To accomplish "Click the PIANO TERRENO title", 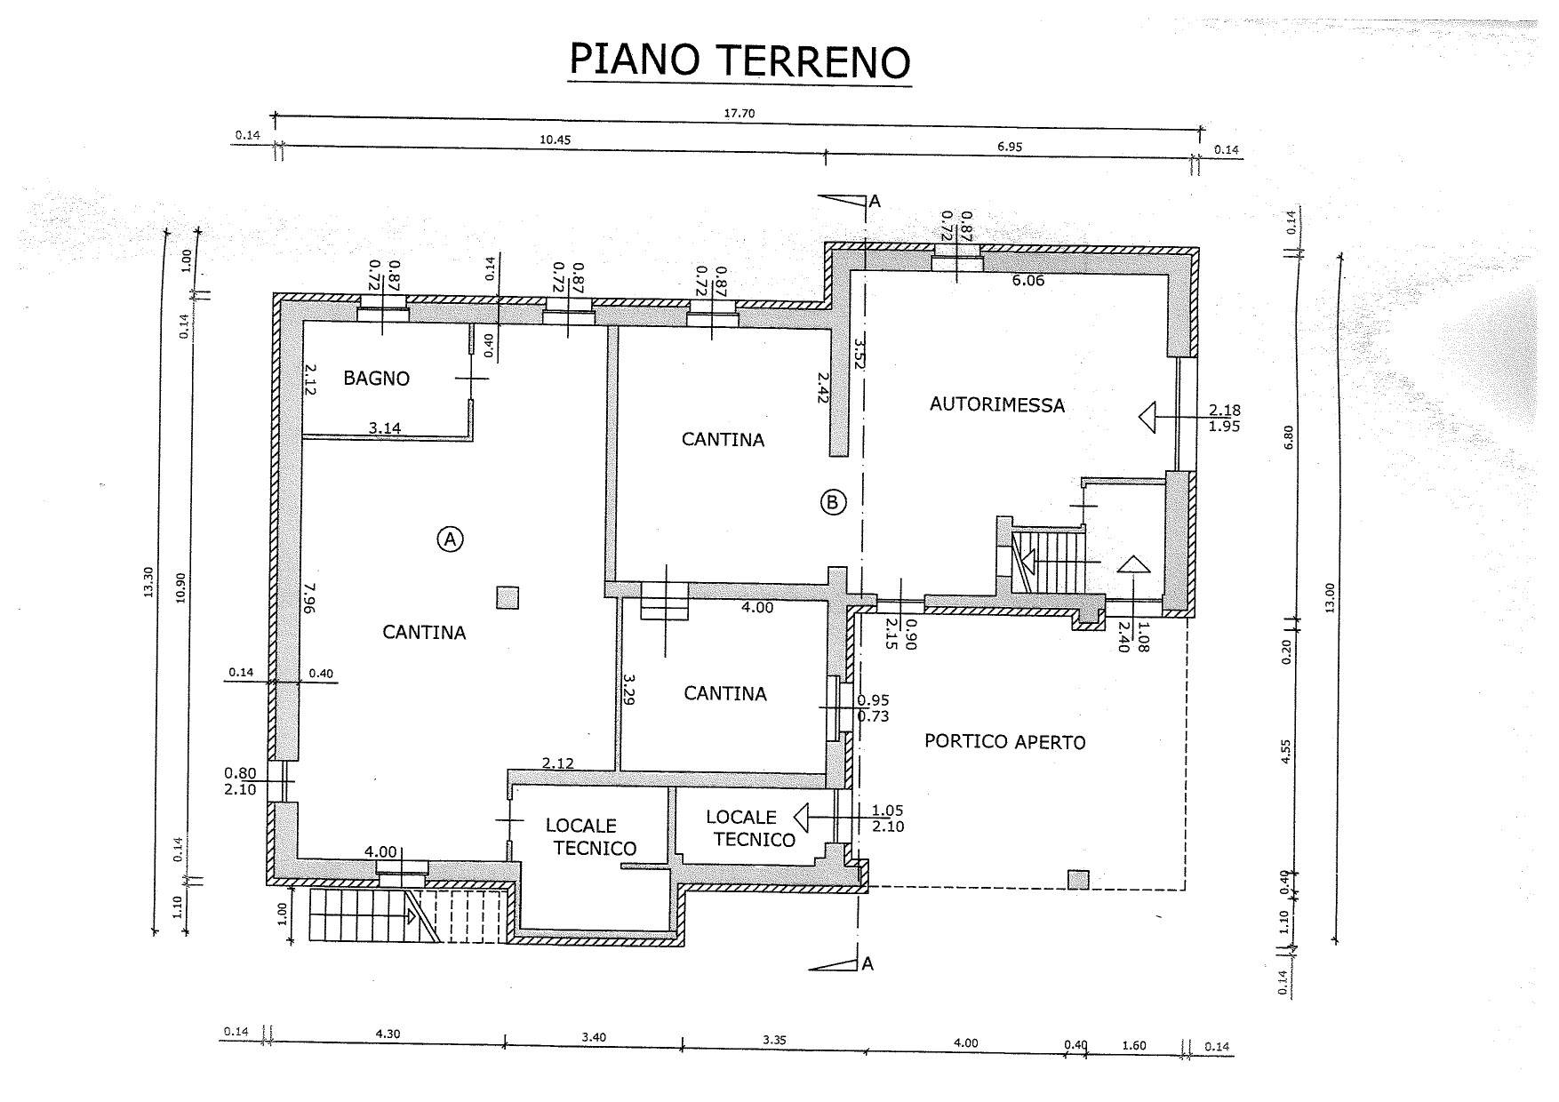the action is point(740,60).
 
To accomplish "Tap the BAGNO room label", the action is point(377,379).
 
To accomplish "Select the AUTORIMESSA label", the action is point(997,404).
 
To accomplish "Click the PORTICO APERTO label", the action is point(1005,741).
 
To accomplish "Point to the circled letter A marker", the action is point(451,538).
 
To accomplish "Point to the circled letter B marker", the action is point(833,502).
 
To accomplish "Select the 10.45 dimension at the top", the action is point(554,140).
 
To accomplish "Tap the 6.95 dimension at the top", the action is point(1010,147).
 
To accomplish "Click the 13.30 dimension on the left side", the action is point(148,583).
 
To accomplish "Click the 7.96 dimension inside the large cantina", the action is point(308,598).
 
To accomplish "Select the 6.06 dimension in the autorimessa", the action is point(1027,280).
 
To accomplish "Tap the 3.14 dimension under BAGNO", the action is point(385,427).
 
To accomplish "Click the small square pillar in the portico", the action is point(1078,880).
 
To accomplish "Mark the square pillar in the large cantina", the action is point(508,598).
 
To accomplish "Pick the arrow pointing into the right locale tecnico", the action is point(802,816).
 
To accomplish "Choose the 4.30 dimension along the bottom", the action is point(388,1034).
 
